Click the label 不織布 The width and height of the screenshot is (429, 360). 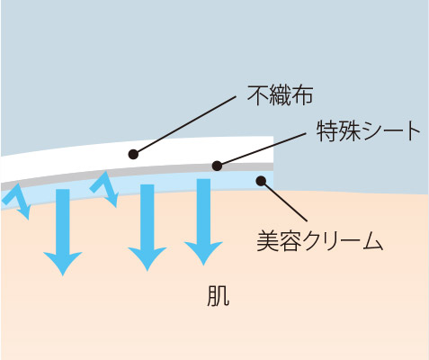pos(280,95)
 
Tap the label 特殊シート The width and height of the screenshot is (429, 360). pos(369,131)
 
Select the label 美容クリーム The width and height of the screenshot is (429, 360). pos(320,241)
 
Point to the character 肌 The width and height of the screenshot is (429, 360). pos(219,295)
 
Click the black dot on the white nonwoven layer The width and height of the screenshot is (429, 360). pos(133,155)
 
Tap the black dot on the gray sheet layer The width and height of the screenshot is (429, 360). pos(217,166)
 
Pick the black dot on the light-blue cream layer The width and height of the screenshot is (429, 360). pos(262,181)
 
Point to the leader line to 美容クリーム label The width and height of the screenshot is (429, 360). pos(284,201)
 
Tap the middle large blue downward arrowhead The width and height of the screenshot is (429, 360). pos(147,259)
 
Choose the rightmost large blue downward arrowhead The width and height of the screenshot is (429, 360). pos(203,254)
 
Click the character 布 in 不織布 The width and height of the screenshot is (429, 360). pos(302,95)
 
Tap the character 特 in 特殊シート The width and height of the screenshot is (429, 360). pos(327,131)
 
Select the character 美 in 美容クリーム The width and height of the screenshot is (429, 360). pos(267,241)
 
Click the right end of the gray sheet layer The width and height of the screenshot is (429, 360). pos(273,166)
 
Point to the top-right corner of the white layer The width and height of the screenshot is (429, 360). pos(273,137)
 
